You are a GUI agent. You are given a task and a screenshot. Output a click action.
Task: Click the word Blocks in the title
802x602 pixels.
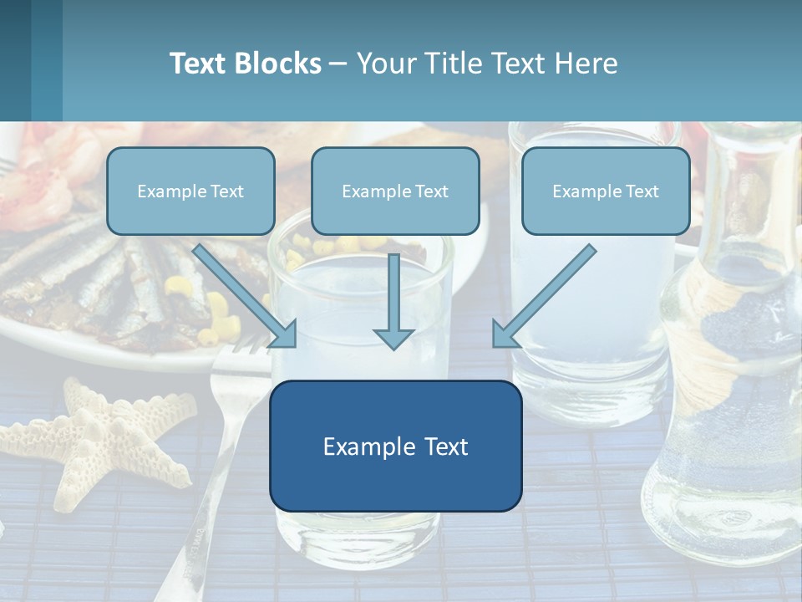278,64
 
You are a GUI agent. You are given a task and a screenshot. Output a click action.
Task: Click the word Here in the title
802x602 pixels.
587,64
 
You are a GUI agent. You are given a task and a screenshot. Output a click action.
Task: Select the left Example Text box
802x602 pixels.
190,191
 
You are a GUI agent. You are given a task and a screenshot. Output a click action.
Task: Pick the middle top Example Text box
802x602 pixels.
395,191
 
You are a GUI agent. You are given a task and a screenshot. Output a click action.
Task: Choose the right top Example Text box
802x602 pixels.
606,191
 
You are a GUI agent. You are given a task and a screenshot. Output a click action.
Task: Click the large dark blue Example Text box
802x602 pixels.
395,446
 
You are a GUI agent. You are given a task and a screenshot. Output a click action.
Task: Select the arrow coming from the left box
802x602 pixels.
247,298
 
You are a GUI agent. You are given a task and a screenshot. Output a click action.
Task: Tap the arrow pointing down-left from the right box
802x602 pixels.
543,298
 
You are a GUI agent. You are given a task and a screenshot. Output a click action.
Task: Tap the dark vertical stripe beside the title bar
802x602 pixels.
47,60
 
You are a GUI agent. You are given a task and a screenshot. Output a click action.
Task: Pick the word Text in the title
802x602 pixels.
199,64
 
